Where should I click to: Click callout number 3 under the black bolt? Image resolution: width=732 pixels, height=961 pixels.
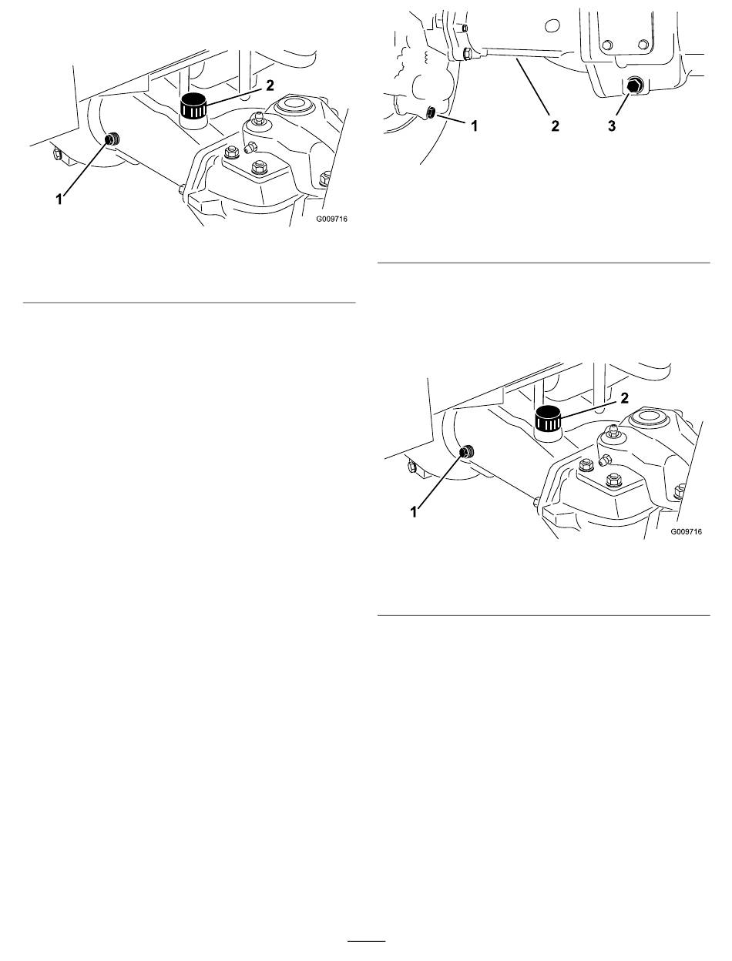point(612,126)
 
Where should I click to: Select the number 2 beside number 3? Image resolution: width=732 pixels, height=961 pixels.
point(555,126)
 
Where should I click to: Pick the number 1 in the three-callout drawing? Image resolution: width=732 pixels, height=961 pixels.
point(474,126)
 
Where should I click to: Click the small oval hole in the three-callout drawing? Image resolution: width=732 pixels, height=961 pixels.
point(552,26)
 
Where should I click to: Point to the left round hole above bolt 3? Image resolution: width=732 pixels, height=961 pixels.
point(607,44)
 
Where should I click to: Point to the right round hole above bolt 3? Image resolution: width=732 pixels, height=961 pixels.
point(643,44)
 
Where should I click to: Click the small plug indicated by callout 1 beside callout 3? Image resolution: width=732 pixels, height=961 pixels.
point(431,112)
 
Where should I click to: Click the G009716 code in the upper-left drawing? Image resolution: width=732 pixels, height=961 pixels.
point(331,219)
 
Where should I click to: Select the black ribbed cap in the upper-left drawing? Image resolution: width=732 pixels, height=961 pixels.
point(193,106)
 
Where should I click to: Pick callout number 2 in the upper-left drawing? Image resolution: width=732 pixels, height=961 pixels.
point(270,85)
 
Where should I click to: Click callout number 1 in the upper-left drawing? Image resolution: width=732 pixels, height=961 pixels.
point(59,199)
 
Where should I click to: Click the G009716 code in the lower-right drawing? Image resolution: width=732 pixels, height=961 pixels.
point(686,531)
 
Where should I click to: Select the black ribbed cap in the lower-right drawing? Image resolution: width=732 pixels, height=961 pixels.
point(548,419)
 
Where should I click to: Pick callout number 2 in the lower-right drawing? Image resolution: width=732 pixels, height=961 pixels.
point(625,398)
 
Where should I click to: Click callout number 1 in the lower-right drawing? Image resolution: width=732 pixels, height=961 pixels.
point(414,512)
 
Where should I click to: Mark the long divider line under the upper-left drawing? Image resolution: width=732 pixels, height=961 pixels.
point(190,303)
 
